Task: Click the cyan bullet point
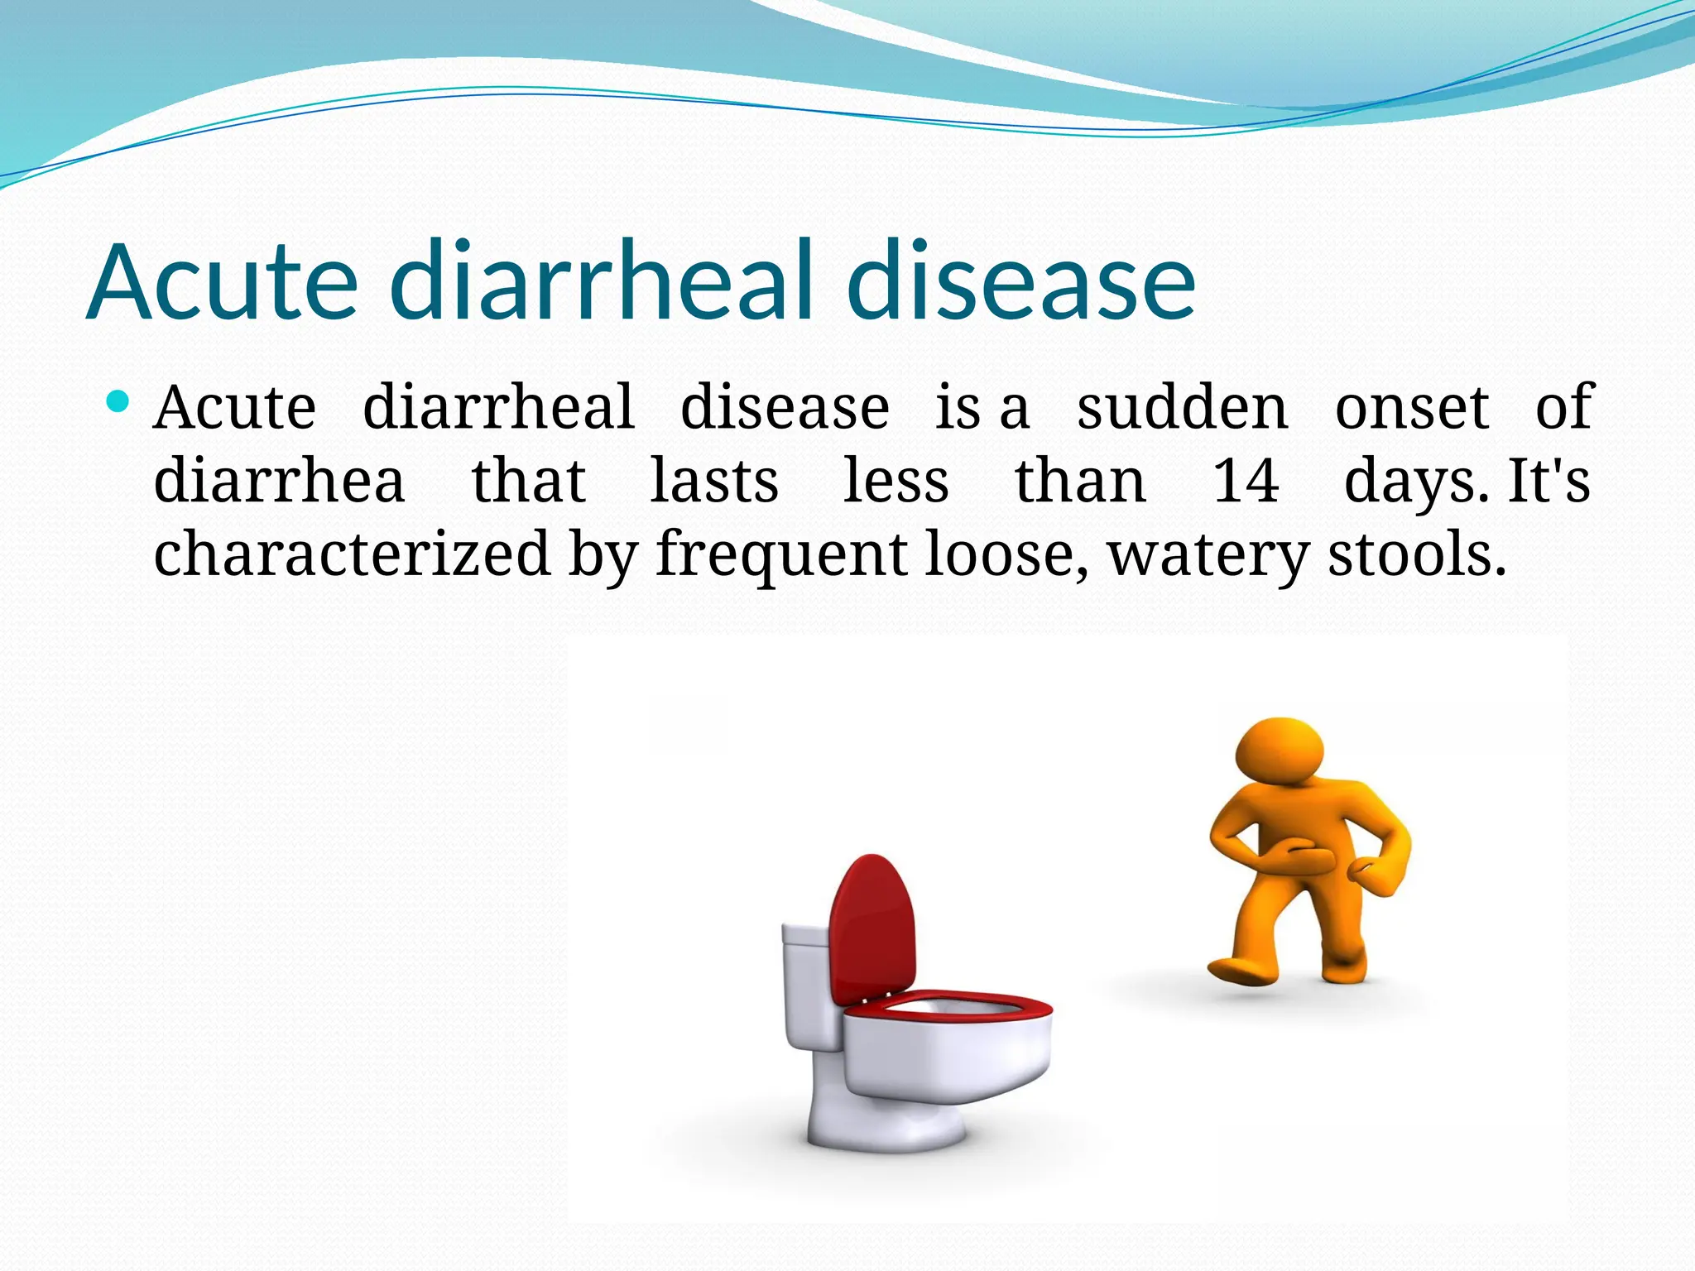pos(118,403)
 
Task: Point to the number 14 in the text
pos(1246,481)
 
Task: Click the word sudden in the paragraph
pos(1182,408)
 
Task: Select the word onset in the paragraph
pos(1412,408)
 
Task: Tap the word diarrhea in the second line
pos(279,481)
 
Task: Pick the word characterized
pos(352,554)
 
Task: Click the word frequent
pos(781,554)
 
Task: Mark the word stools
pos(1417,554)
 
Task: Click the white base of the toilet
pos(886,1125)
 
